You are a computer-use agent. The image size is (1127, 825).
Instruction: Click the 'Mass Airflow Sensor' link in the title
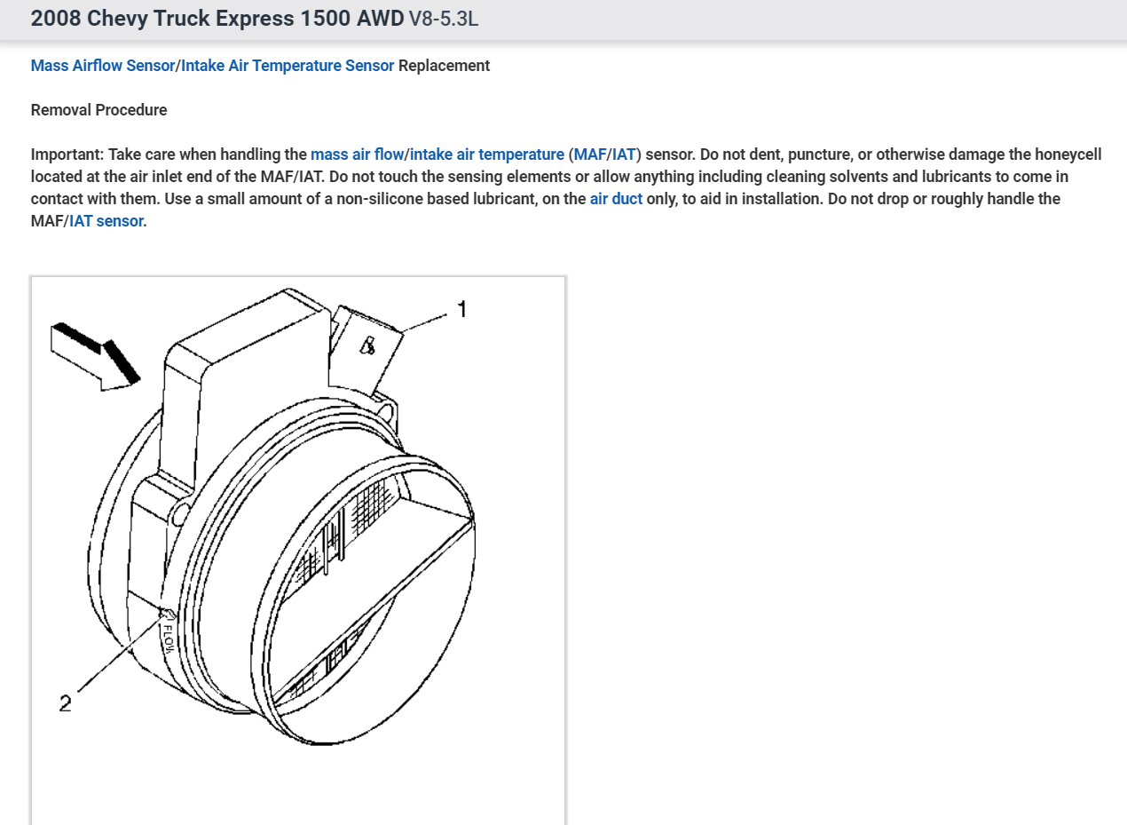pyautogui.click(x=103, y=66)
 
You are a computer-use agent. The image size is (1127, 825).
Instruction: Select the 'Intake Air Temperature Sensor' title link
pyautogui.click(x=288, y=66)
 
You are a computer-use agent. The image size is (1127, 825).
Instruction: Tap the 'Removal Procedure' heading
pyautogui.click(x=99, y=110)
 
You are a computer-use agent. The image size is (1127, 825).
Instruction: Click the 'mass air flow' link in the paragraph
pyautogui.click(x=358, y=155)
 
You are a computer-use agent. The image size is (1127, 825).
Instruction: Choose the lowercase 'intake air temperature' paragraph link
pyautogui.click(x=487, y=155)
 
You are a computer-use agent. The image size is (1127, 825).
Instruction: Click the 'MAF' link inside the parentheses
pyautogui.click(x=589, y=155)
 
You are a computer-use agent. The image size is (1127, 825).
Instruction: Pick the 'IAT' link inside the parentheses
pyautogui.click(x=624, y=155)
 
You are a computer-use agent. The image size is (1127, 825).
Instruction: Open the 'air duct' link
pyautogui.click(x=616, y=199)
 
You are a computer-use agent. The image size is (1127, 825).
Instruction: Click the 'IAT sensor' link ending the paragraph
pyautogui.click(x=106, y=221)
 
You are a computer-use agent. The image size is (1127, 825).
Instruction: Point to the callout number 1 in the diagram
pyautogui.click(x=462, y=309)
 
